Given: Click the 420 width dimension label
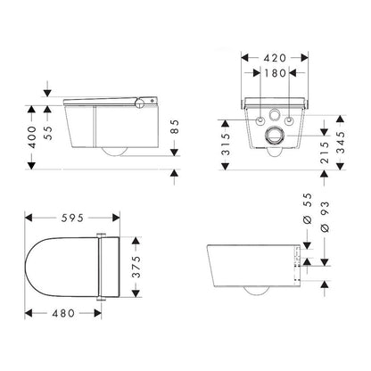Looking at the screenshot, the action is (275, 58).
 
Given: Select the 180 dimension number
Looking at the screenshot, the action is (275, 73).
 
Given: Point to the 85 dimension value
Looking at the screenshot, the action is (176, 127).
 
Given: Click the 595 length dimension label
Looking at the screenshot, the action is (72, 218).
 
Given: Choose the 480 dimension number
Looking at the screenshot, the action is (63, 313).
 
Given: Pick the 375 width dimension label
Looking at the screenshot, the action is (136, 267).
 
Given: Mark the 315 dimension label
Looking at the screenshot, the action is (226, 144).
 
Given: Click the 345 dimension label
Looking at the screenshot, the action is (341, 142).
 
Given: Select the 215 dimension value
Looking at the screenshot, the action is (325, 153).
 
